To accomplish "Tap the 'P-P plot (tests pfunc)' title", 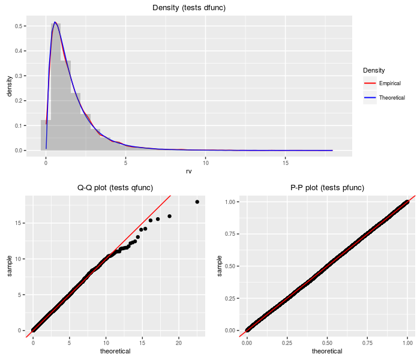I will tap(327, 188).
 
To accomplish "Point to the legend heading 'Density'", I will tap(374, 71).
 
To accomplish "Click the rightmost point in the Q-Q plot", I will tap(197, 202).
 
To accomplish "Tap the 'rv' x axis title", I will tap(190, 171).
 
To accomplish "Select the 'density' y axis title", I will tap(9, 86).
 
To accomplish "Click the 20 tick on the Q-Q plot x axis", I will tap(179, 343).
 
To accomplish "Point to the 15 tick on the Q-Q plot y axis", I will tap(20, 223).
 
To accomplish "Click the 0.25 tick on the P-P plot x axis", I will tap(287, 343).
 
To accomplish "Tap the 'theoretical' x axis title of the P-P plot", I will tap(327, 352).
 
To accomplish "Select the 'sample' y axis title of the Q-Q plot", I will tap(9, 265).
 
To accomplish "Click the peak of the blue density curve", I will tap(55, 22).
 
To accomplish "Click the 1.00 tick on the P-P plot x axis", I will tap(407, 343).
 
